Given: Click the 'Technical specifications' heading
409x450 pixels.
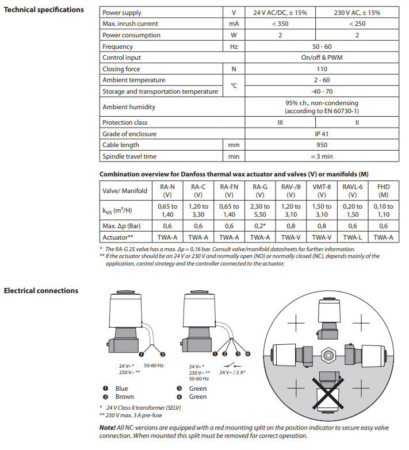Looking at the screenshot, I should [x=43, y=10].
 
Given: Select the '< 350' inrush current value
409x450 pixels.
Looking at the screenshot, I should [x=280, y=24].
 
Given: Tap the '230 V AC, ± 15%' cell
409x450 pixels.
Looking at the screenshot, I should [x=357, y=13].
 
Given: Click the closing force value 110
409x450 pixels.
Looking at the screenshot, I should [x=321, y=69].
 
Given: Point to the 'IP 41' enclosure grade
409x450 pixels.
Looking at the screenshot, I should [x=321, y=134].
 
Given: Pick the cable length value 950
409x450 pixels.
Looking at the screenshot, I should [x=321, y=145].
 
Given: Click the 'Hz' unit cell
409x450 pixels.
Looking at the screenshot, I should [x=234, y=47].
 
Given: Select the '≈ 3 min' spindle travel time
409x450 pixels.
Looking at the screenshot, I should [x=321, y=156].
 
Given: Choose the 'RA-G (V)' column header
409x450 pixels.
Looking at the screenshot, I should [x=260, y=190].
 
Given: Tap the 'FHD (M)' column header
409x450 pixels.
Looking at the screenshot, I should [x=383, y=190].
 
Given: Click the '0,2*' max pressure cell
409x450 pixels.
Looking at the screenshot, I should [x=260, y=225].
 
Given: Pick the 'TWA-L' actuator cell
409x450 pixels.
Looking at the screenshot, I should [x=353, y=236].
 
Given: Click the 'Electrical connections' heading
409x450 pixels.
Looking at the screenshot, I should [x=41, y=291].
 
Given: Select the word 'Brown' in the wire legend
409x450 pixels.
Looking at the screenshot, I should [x=125, y=397].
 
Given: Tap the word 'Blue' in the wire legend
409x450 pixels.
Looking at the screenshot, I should [x=122, y=389].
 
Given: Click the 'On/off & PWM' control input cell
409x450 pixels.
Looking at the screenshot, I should [x=321, y=57].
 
